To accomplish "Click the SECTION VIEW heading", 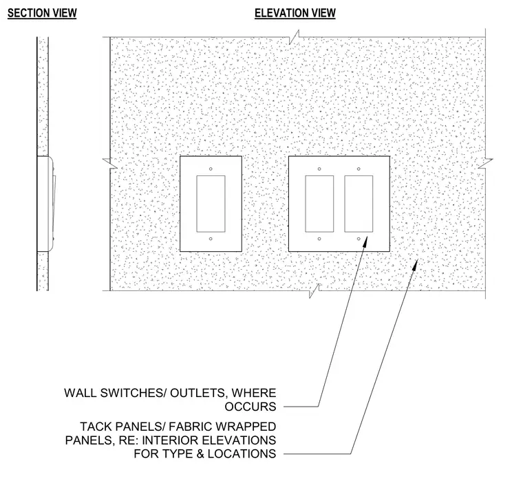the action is (x=42, y=13).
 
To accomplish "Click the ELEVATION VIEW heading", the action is (x=295, y=13).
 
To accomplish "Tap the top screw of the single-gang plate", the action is (x=211, y=169).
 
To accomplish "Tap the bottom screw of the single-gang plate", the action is (x=211, y=239).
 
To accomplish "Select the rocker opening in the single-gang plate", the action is (x=211, y=204).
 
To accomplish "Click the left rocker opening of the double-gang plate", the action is (x=319, y=204).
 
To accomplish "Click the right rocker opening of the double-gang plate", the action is (x=359, y=204).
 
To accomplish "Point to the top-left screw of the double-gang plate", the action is (x=319, y=169).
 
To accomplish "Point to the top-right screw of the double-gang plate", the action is (x=359, y=169).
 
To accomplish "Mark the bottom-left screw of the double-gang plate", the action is (x=319, y=239).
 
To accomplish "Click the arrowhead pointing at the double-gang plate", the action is (x=365, y=241).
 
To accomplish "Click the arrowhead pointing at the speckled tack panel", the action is (x=414, y=265).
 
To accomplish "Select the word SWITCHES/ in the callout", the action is (x=134, y=393).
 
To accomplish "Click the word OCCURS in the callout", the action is (x=250, y=407).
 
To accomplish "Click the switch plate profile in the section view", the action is (x=45, y=204).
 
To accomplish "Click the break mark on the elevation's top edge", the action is (x=294, y=37).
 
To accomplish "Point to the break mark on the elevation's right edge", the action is (x=485, y=164).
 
